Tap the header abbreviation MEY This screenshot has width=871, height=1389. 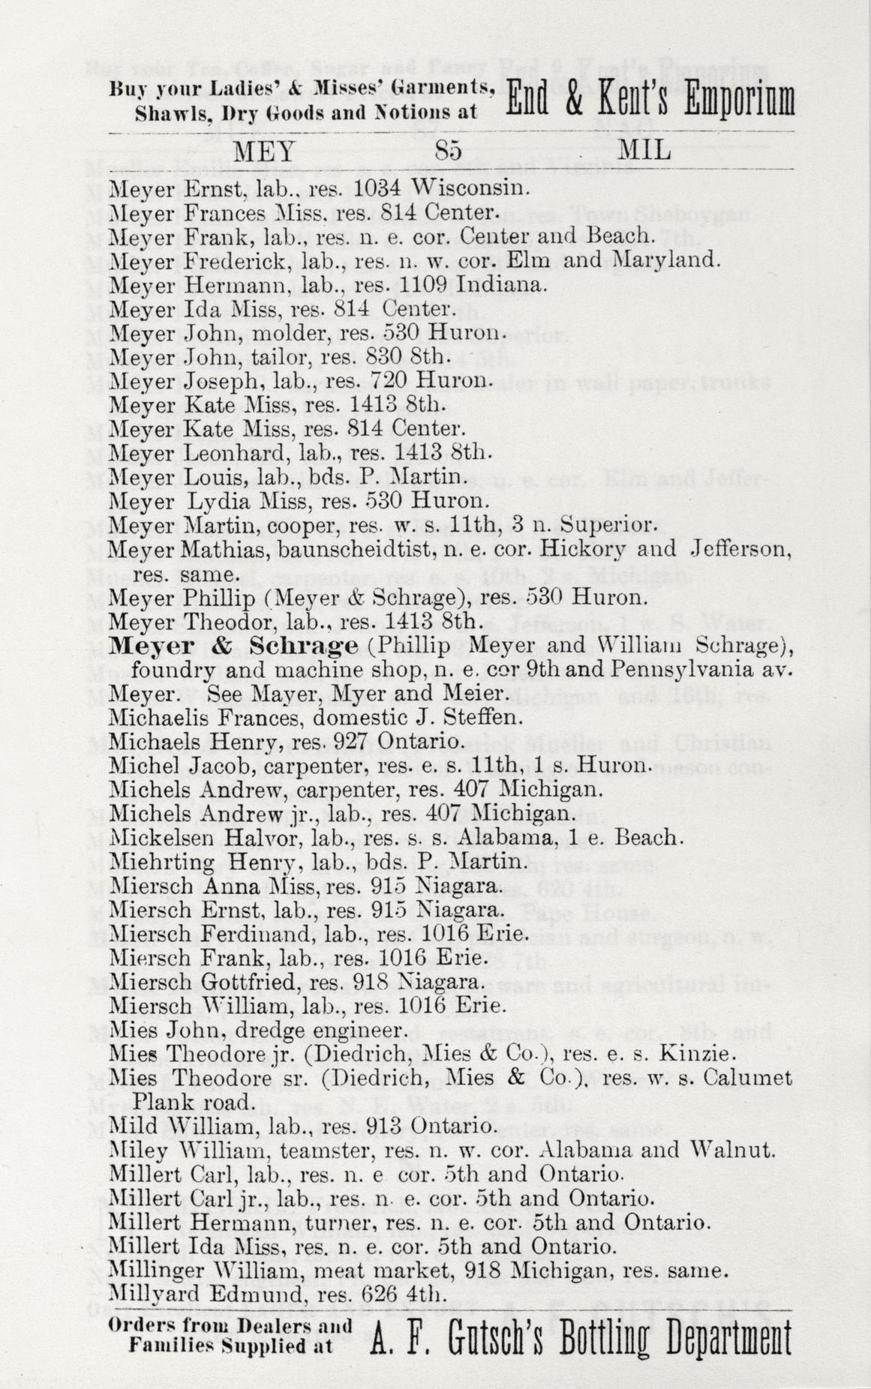click(x=266, y=151)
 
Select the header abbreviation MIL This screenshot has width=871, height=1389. click(x=643, y=151)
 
